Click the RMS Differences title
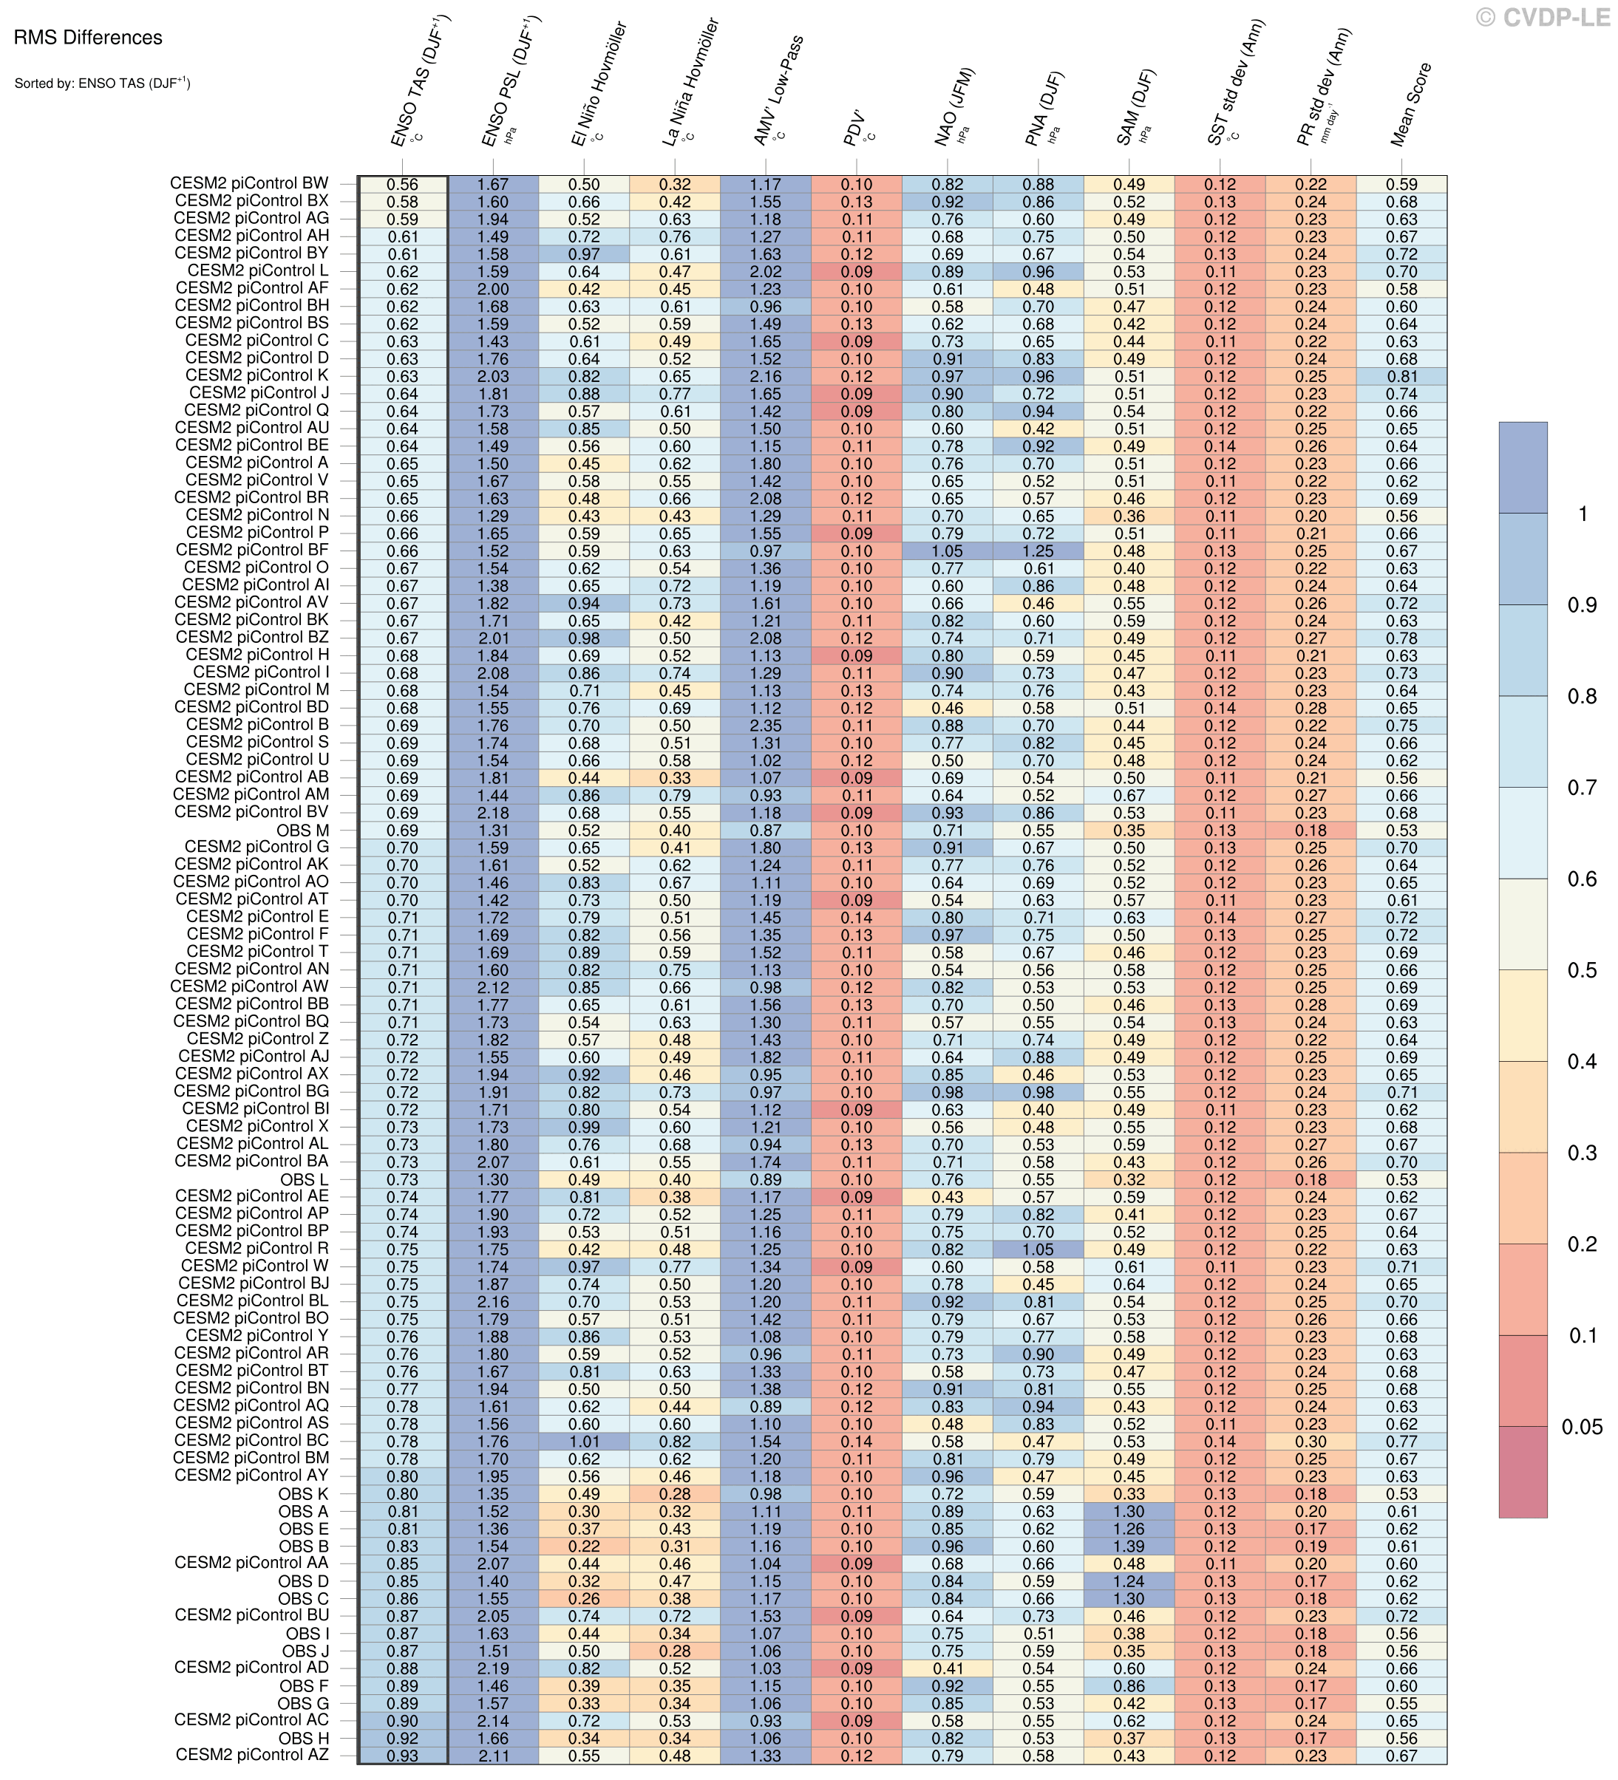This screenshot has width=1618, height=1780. pos(87,38)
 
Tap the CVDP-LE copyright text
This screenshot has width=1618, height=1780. pos(1542,17)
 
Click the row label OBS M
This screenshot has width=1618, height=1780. pos(303,830)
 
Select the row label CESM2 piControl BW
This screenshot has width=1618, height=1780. pos(249,184)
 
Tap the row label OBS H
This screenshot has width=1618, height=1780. pos(304,1738)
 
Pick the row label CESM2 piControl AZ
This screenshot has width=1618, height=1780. pos(252,1754)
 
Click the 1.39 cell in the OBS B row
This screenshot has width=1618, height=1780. pos(1129,1546)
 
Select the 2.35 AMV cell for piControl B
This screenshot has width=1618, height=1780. pos(765,726)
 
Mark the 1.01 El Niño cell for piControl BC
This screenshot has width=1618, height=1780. pos(584,1441)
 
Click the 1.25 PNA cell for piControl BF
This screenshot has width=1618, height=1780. pos(1038,551)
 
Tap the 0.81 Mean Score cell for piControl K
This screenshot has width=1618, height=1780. pos(1401,376)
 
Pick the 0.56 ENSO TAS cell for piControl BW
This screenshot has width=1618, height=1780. pos(402,185)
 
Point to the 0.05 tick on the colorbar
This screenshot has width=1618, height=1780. pos(1581,1427)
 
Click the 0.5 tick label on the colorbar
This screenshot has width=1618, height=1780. pos(1581,970)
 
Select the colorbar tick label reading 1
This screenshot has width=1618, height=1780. pos(1582,514)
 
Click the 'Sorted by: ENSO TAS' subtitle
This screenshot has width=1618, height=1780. pos(101,84)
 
